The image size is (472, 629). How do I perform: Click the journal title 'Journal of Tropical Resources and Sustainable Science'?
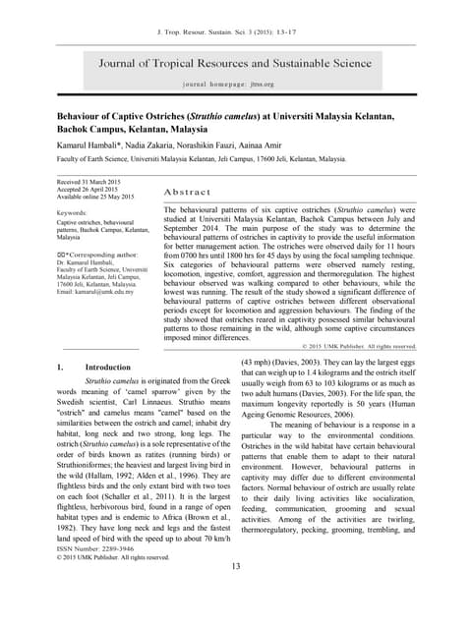click(x=235, y=64)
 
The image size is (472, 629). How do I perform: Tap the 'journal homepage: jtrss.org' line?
click(x=235, y=86)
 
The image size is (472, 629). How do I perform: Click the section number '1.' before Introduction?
click(x=60, y=367)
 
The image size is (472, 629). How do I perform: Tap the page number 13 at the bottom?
click(x=235, y=595)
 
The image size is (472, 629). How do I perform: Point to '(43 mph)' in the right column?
click(x=259, y=363)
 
